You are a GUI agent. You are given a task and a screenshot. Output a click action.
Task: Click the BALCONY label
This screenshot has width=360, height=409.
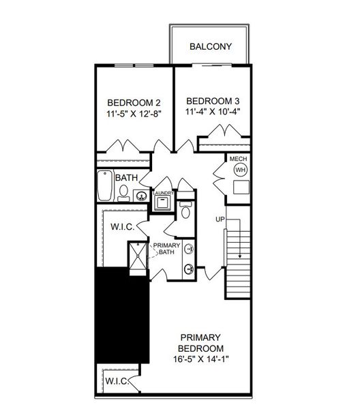tap(211, 47)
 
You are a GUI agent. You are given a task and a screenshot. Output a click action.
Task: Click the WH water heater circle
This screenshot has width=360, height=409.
tap(240, 170)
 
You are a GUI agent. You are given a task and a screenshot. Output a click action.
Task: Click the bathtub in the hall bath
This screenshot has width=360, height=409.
tap(104, 185)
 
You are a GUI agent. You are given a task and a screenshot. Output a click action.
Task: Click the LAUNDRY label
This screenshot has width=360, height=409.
tap(164, 194)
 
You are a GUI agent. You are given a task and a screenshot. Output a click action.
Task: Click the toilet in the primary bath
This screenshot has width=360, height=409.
tap(185, 213)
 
